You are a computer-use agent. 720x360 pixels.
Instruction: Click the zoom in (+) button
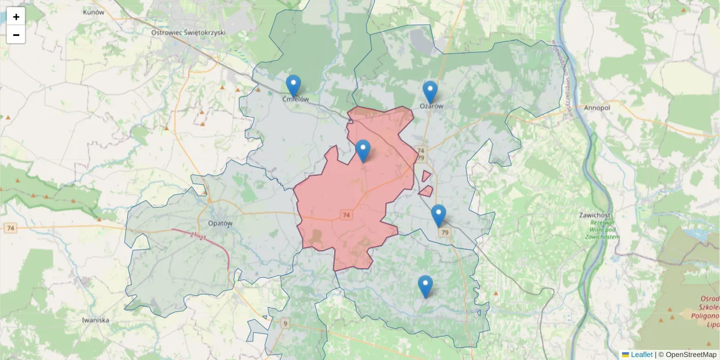(x=16, y=17)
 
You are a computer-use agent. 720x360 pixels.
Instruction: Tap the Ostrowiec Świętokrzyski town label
(x=187, y=32)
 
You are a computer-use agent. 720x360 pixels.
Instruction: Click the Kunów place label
(x=94, y=12)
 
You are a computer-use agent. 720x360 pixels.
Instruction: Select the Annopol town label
(x=596, y=109)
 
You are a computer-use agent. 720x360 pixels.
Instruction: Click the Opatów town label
(x=219, y=223)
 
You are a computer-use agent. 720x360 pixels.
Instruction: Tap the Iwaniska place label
(x=95, y=320)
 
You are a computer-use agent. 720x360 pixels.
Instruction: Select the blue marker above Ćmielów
(x=293, y=86)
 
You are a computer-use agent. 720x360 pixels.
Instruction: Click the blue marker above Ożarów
(x=430, y=92)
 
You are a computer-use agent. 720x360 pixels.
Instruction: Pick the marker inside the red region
(x=362, y=151)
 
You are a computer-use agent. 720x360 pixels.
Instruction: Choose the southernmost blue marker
(x=425, y=286)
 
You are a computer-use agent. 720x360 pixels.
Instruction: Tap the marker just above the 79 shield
(x=439, y=215)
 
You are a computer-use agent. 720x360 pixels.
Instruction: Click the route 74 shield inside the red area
(x=346, y=214)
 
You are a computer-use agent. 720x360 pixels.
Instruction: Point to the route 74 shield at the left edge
(x=10, y=228)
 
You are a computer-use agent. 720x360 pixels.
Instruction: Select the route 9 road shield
(x=285, y=323)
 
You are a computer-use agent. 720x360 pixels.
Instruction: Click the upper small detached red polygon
(x=426, y=176)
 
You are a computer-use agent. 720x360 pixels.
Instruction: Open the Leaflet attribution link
(x=641, y=355)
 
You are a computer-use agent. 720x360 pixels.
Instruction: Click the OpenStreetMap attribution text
(x=691, y=355)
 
